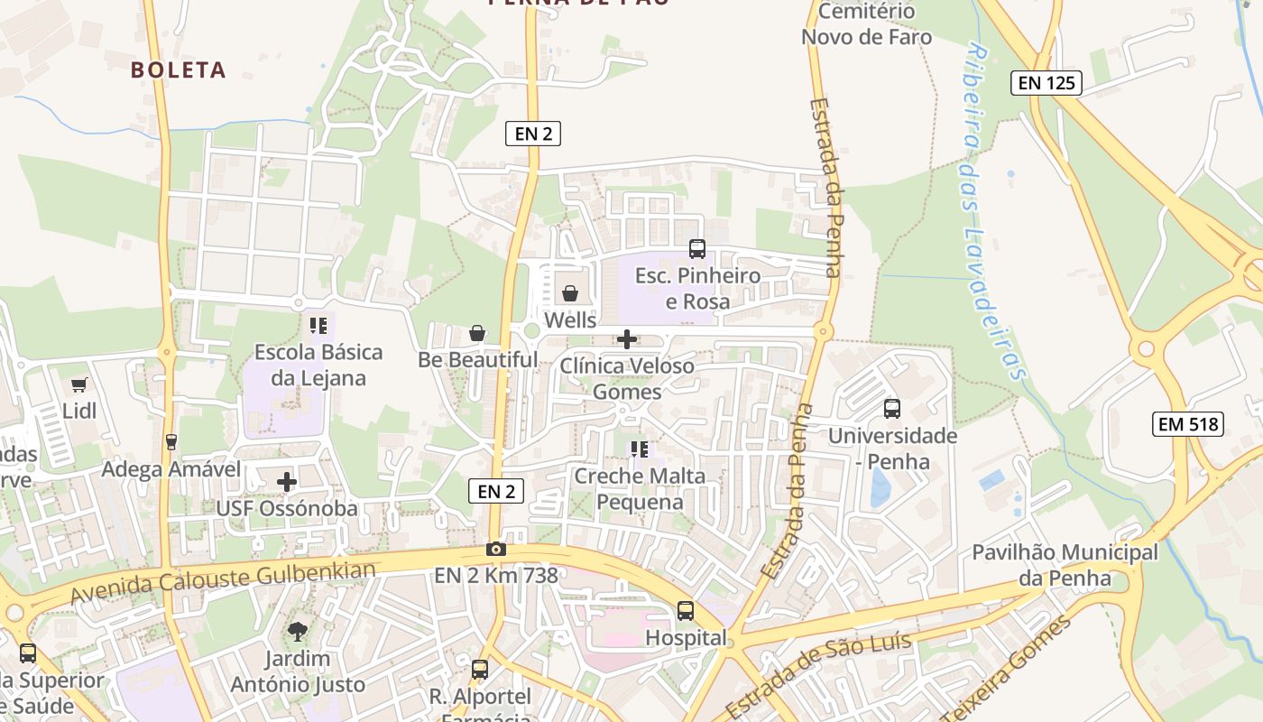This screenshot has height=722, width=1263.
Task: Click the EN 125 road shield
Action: point(1046,83)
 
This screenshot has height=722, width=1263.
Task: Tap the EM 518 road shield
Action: point(1187,423)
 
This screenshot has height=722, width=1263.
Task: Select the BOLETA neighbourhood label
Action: point(179,69)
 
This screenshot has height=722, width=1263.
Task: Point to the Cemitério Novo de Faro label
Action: point(866,24)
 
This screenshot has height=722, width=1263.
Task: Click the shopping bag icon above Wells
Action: point(570,293)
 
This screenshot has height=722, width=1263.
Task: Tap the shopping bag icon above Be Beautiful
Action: point(477,334)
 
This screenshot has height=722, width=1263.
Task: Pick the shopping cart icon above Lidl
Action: point(78,385)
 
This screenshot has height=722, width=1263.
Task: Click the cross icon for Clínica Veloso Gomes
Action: point(627,339)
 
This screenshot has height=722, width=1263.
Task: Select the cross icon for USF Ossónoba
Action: point(287,482)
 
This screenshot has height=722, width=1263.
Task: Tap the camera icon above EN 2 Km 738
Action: point(495,549)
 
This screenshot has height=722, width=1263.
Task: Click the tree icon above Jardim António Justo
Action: point(297,632)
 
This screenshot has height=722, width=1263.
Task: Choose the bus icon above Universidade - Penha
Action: point(892,409)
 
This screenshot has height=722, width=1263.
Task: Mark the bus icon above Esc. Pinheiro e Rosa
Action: point(697,249)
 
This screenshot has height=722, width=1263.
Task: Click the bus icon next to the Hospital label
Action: point(686,611)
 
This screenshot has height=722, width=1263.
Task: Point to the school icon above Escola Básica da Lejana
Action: point(318,325)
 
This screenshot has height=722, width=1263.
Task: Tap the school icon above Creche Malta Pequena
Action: point(640,449)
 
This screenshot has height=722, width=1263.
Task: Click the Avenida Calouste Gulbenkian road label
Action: point(223,583)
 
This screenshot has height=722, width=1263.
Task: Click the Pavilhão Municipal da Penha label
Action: point(1065,564)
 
